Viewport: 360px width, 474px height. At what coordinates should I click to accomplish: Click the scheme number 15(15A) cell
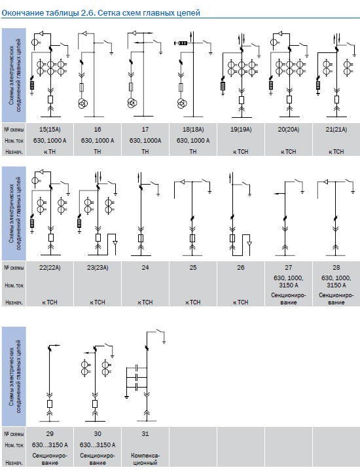tap(50, 130)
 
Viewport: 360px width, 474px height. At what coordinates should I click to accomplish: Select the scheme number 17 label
tap(145, 130)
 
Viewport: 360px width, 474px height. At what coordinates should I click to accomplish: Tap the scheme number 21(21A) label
tap(336, 130)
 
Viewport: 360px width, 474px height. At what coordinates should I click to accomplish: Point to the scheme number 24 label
tap(145, 268)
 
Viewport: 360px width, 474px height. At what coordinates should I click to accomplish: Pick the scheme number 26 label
tap(241, 268)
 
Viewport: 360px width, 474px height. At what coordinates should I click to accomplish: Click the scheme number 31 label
tap(145, 434)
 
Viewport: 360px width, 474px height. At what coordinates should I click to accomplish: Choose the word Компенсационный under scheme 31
tap(145, 459)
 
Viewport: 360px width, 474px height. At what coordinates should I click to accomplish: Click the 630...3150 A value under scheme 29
tap(50, 445)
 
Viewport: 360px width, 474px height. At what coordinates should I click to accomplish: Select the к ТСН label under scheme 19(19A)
tap(241, 152)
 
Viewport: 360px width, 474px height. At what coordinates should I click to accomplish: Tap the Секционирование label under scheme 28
tap(336, 299)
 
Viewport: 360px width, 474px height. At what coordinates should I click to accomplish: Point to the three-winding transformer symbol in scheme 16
tap(82, 103)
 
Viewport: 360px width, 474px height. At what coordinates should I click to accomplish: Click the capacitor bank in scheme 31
tap(137, 377)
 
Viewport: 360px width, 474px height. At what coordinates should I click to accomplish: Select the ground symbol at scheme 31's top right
tap(164, 342)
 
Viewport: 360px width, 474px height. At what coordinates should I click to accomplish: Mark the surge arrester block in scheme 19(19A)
tap(223, 86)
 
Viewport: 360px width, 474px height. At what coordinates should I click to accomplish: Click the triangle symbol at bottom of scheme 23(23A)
tap(115, 244)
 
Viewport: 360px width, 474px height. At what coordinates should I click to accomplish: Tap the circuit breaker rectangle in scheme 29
tap(50, 404)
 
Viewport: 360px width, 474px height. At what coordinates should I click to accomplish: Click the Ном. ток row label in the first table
tap(14, 141)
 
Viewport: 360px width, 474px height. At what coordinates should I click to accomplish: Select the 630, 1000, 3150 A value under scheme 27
tap(289, 282)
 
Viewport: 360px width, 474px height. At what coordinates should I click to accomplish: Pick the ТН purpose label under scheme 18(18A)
tap(193, 152)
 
